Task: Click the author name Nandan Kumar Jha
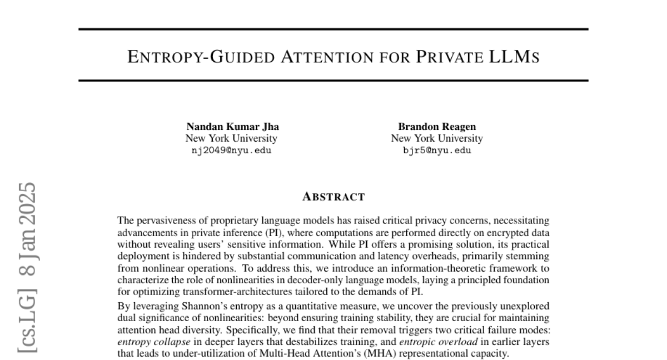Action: pos(233,127)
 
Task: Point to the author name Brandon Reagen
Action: pos(436,127)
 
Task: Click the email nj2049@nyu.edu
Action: pos(231,150)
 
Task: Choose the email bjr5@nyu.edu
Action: pos(436,150)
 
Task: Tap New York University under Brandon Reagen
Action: pos(436,138)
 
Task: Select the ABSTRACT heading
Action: pos(333,197)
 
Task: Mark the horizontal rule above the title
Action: pos(333,29)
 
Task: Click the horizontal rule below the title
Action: pos(333,81)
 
